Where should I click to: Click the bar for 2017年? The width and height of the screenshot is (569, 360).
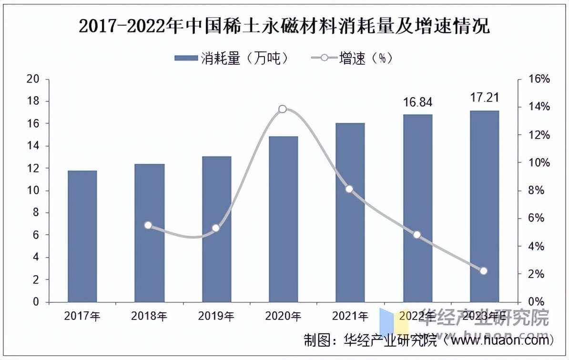[x=82, y=236]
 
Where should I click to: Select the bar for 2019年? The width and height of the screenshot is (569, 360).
[x=216, y=229]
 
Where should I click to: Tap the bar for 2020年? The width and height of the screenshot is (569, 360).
[x=284, y=219]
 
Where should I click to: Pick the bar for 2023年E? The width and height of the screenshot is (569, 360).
[x=484, y=206]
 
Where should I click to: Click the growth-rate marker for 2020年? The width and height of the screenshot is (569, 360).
[x=283, y=109]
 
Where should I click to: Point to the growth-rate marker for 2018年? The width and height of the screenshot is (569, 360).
[x=148, y=225]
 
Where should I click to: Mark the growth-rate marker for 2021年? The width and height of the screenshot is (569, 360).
[x=349, y=189]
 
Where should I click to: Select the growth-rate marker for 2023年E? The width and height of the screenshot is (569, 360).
[x=484, y=271]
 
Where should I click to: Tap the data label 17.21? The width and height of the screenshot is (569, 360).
[x=484, y=99]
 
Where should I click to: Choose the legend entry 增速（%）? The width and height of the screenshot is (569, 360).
[x=353, y=58]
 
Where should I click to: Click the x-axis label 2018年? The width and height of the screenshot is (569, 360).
[x=149, y=316]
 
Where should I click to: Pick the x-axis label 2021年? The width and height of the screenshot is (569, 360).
[x=350, y=316]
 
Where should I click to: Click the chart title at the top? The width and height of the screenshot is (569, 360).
[x=284, y=27]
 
